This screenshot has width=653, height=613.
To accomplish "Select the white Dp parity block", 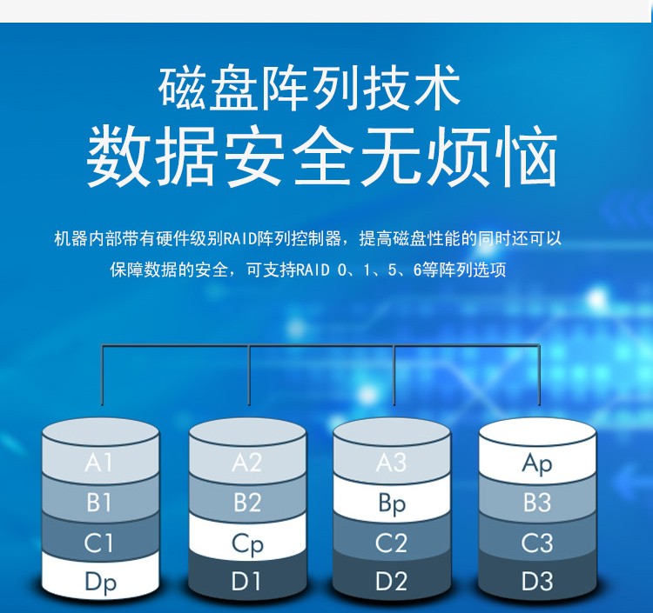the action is click(100, 579).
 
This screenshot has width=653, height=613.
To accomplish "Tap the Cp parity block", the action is click(248, 540).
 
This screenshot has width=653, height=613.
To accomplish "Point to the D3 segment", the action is click(537, 579).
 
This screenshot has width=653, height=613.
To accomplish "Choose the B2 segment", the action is click(248, 500).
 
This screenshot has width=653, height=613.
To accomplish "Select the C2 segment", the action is click(392, 540).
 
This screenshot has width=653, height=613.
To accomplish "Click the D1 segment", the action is click(248, 579).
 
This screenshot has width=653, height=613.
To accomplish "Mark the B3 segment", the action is click(537, 500).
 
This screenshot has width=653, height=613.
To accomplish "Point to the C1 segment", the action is click(100, 540).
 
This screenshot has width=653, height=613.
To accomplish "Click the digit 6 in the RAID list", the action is click(417, 270).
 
